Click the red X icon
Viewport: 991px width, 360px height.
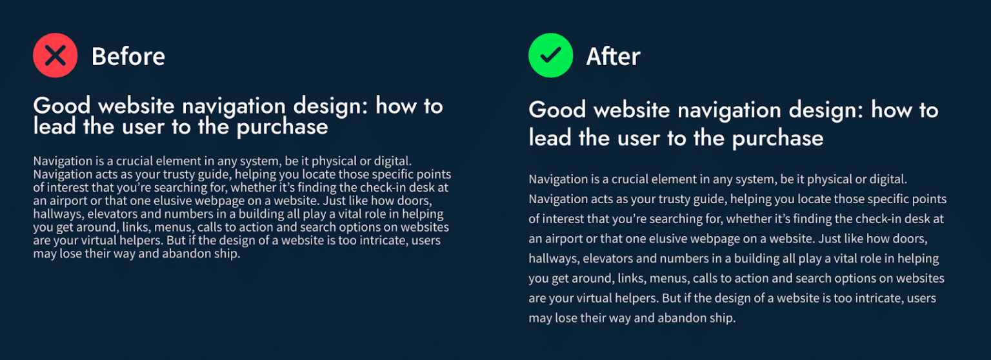pos(55,55)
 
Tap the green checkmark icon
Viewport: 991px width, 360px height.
pos(550,55)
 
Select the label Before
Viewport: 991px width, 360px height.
pos(128,57)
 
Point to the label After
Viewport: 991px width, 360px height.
pos(613,57)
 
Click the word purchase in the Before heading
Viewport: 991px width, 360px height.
pos(282,127)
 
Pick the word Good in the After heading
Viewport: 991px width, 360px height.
pos(557,110)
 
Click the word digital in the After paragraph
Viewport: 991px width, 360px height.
pos(890,179)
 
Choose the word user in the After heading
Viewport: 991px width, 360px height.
pos(652,137)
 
